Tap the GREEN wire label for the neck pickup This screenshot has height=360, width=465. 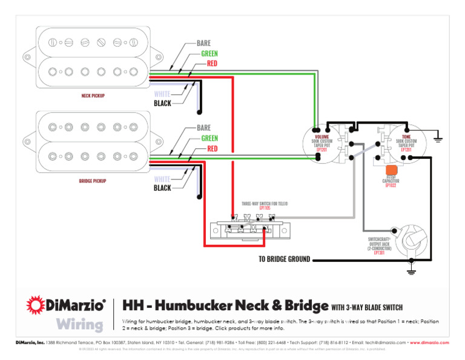[209, 53]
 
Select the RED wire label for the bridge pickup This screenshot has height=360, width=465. [212, 148]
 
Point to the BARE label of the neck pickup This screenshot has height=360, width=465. [203, 44]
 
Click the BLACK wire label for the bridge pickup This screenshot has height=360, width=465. [162, 188]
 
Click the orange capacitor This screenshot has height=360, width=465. [391, 171]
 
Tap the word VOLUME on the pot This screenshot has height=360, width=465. [322, 137]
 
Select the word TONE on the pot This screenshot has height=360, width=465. [406, 137]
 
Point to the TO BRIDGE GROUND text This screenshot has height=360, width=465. [284, 259]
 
